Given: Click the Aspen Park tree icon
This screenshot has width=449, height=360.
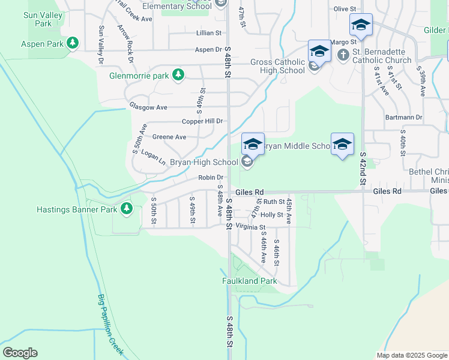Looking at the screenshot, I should pyautogui.click(x=73, y=43).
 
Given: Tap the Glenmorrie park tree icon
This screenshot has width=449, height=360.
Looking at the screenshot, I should pyautogui.click(x=178, y=75).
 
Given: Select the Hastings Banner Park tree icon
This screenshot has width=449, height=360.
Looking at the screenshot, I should pyautogui.click(x=126, y=208).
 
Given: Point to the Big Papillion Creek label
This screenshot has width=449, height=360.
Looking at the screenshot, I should pyautogui.click(x=110, y=323).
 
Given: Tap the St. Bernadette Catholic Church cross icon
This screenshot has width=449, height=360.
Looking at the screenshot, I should pyautogui.click(x=343, y=56).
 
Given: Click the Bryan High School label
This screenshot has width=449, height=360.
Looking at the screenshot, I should pyautogui.click(x=204, y=162).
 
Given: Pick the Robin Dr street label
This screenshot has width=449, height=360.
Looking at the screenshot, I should pyautogui.click(x=211, y=178).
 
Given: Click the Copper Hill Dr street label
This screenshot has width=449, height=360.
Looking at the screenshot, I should pyautogui.click(x=202, y=121).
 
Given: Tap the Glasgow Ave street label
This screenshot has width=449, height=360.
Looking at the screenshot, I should pyautogui.click(x=148, y=107).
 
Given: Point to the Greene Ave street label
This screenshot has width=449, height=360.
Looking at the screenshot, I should pyautogui.click(x=169, y=137).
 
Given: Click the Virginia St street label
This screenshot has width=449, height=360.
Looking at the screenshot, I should pyautogui.click(x=250, y=227).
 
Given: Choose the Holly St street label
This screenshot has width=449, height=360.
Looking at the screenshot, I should pyautogui.click(x=271, y=215).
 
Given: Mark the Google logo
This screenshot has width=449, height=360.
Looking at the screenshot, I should pyautogui.click(x=20, y=353).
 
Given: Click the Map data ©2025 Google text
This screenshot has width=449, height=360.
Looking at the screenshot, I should pyautogui.click(x=411, y=355).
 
